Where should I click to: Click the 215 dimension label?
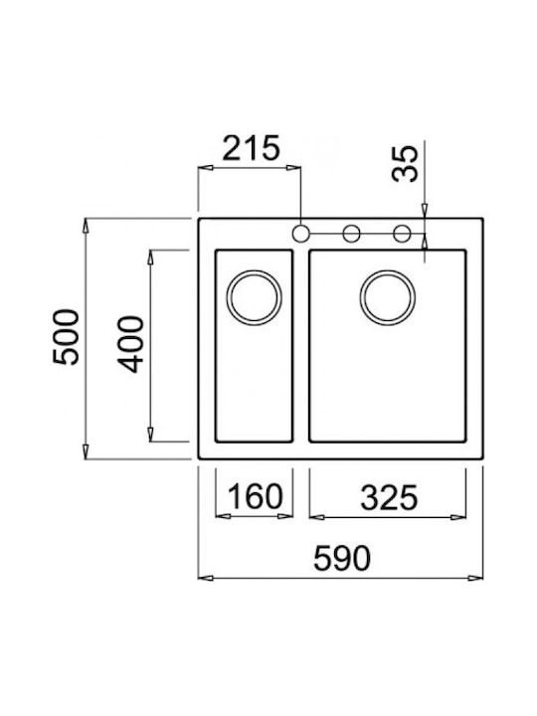coord(251,148)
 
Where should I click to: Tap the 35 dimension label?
coord(405,163)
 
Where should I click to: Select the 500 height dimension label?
coord(67,337)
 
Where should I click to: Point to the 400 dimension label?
coord(130,344)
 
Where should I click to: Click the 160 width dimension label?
coord(255,497)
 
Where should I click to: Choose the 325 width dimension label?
coord(389,498)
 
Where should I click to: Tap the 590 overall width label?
coord(342,559)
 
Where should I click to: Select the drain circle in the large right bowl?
coord(388,298)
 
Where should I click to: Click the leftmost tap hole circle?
coord(301,234)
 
